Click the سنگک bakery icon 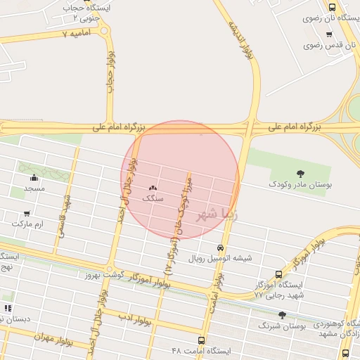153,187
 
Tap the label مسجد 34,188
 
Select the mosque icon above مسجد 34,177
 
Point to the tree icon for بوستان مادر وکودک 300,173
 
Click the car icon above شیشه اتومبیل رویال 220,248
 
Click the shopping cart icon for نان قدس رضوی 329,34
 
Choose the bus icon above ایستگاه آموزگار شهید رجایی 279,274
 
